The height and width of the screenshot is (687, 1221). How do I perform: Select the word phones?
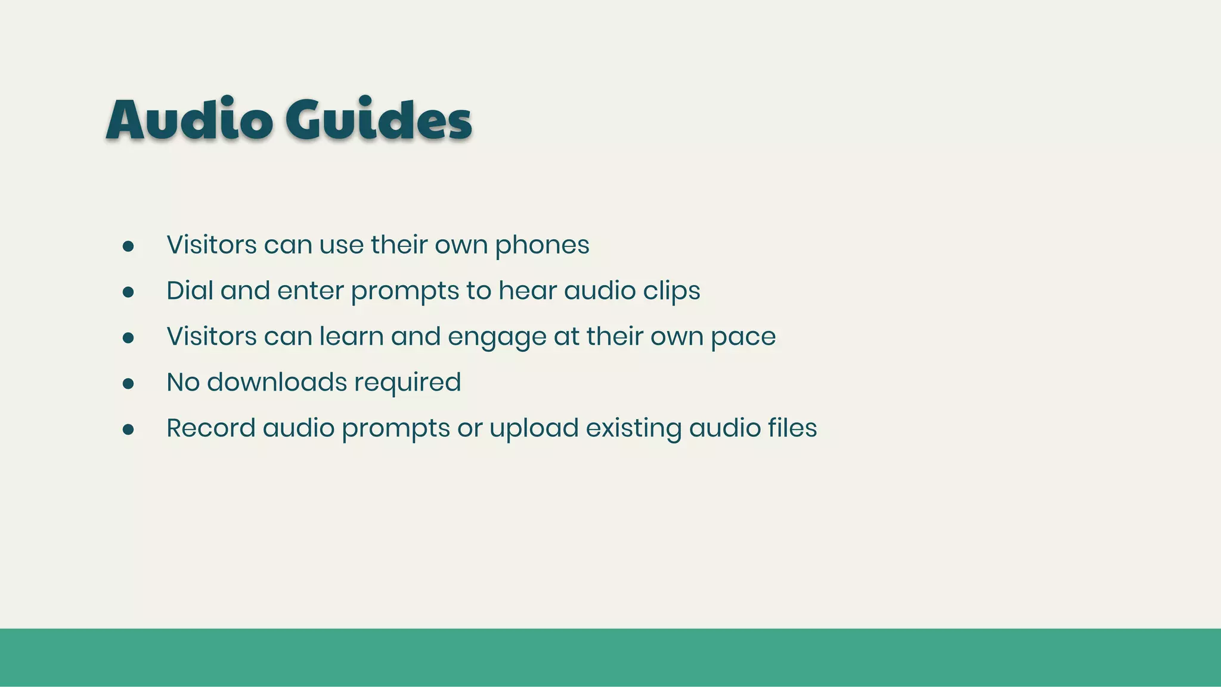[x=542, y=246]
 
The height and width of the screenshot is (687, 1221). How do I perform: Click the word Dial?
[x=190, y=291]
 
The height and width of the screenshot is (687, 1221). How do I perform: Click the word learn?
[x=352, y=336]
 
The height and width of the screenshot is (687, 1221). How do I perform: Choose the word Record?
[x=211, y=428]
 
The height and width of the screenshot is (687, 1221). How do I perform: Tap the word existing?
[x=634, y=429]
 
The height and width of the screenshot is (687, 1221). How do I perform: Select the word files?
[x=792, y=428]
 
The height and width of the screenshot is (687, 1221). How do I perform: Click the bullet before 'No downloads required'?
[x=128, y=383]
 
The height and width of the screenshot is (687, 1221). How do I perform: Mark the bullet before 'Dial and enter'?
[x=128, y=292]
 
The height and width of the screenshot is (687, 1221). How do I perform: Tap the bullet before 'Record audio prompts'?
[x=128, y=429]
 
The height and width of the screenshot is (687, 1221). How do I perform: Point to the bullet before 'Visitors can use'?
[x=128, y=246]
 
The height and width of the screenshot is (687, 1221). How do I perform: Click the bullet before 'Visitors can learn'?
[x=128, y=338]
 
